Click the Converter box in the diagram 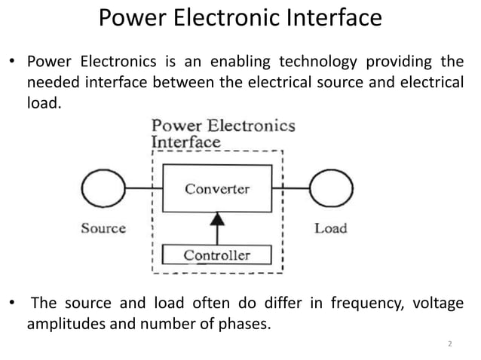point(217,190)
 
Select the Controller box point(217,255)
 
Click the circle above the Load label point(330,189)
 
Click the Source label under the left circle point(103,228)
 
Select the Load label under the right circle point(330,228)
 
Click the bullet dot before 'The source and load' point(12,305)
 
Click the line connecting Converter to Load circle point(292,189)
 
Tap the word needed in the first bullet point(51,82)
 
